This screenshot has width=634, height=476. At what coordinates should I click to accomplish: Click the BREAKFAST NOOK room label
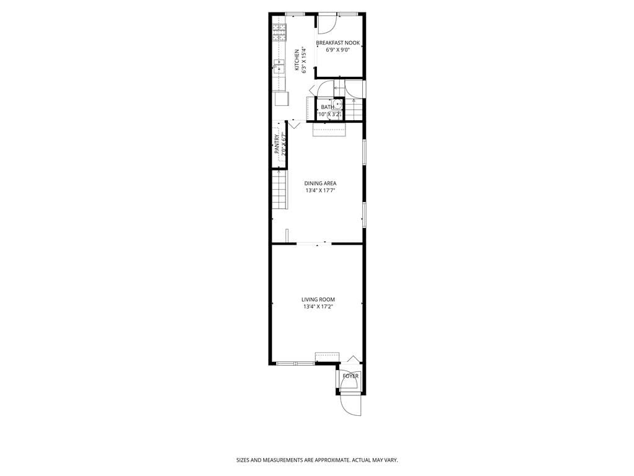(x=338, y=43)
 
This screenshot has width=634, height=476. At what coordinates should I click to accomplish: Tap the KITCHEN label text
(x=297, y=60)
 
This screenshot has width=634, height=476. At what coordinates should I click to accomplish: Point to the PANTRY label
(x=277, y=145)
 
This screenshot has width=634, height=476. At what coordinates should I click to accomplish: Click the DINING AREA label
(x=320, y=183)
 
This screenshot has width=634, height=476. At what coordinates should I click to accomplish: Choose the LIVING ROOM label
(x=318, y=299)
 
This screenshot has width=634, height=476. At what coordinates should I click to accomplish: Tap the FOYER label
(x=350, y=376)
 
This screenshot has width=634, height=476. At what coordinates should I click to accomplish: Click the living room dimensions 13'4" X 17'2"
(x=318, y=307)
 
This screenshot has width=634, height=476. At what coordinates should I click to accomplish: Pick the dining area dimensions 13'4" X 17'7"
(x=320, y=191)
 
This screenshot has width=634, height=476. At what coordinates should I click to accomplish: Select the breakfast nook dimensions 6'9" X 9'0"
(x=338, y=50)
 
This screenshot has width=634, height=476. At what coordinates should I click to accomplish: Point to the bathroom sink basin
(x=338, y=104)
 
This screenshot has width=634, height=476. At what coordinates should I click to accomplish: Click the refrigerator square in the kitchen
(x=280, y=99)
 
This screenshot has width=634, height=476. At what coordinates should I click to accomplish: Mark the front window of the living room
(x=295, y=363)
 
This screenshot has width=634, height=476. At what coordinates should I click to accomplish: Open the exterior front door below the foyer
(x=350, y=404)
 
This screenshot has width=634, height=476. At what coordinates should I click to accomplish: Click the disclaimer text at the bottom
(x=316, y=461)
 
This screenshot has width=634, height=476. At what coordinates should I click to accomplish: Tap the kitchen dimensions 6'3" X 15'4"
(x=305, y=60)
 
